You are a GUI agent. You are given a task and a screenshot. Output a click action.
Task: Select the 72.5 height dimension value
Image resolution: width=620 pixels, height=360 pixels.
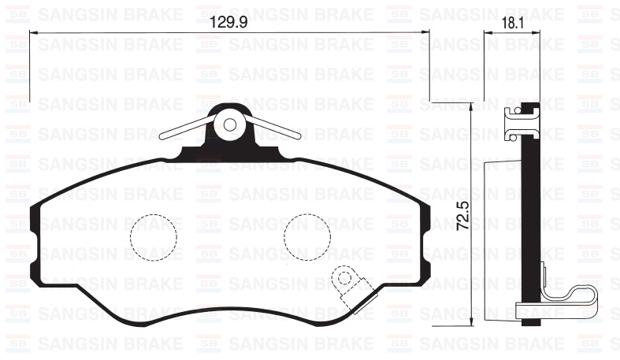(x=463, y=214)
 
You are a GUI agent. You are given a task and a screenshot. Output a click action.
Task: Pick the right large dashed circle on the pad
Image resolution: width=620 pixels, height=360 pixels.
(x=306, y=237)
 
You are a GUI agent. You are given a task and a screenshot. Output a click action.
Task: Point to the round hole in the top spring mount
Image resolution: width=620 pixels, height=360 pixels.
(x=230, y=124)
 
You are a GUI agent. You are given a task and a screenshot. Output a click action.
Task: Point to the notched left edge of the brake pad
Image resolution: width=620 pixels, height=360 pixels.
(x=35, y=236)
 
